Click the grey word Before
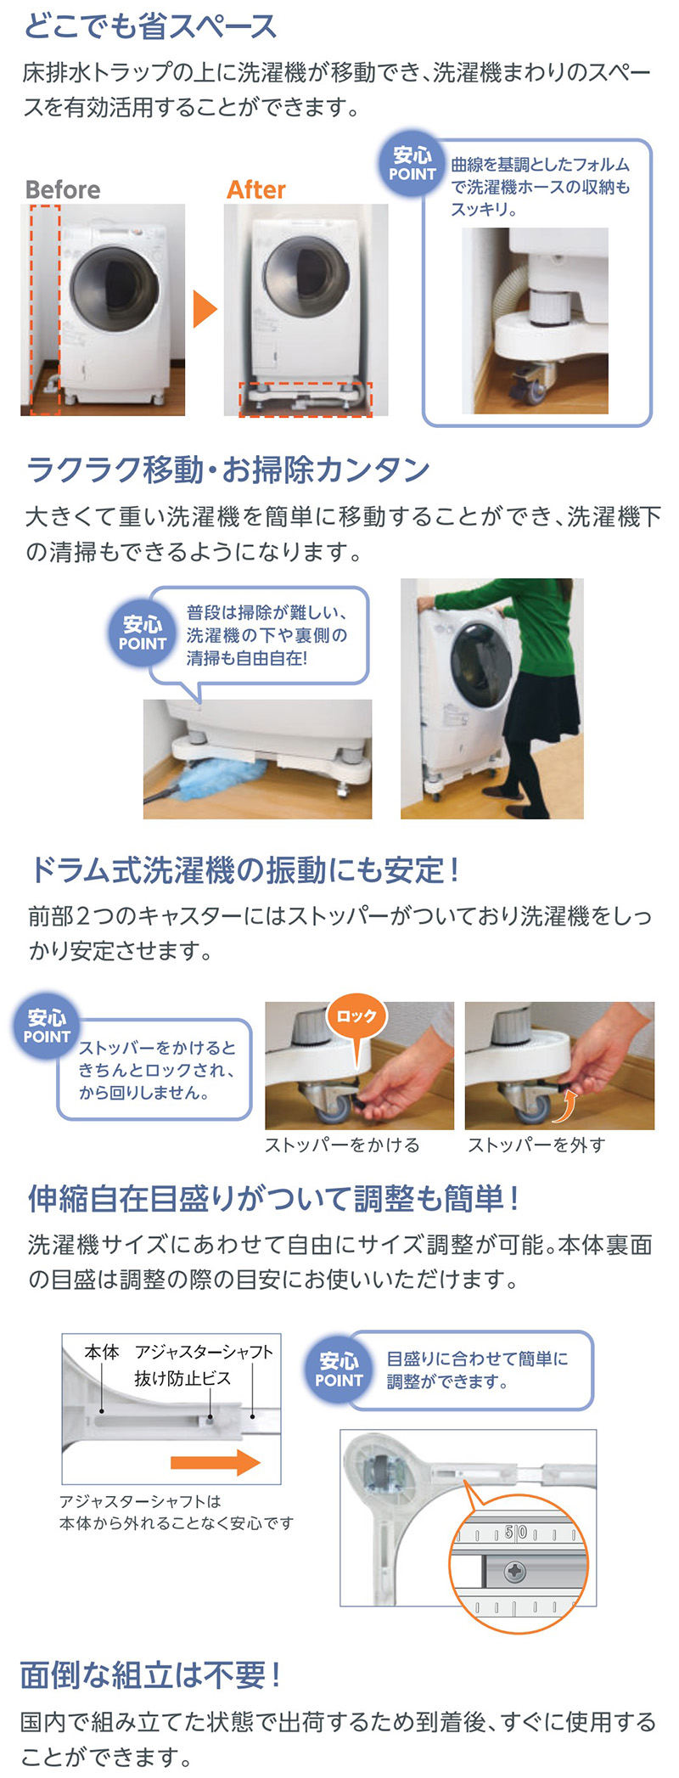point(63,189)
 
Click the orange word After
point(255,189)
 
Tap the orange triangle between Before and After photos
point(204,309)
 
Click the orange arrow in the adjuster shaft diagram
point(215,1462)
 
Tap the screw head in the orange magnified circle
point(515,1572)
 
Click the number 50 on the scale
point(515,1533)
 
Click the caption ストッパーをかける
point(342,1145)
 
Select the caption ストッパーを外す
point(536,1145)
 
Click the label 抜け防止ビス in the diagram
point(182,1378)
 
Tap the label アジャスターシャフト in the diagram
point(204,1352)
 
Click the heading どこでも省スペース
point(150,26)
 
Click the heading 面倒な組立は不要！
point(150,1675)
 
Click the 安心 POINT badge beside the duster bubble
point(142,633)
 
